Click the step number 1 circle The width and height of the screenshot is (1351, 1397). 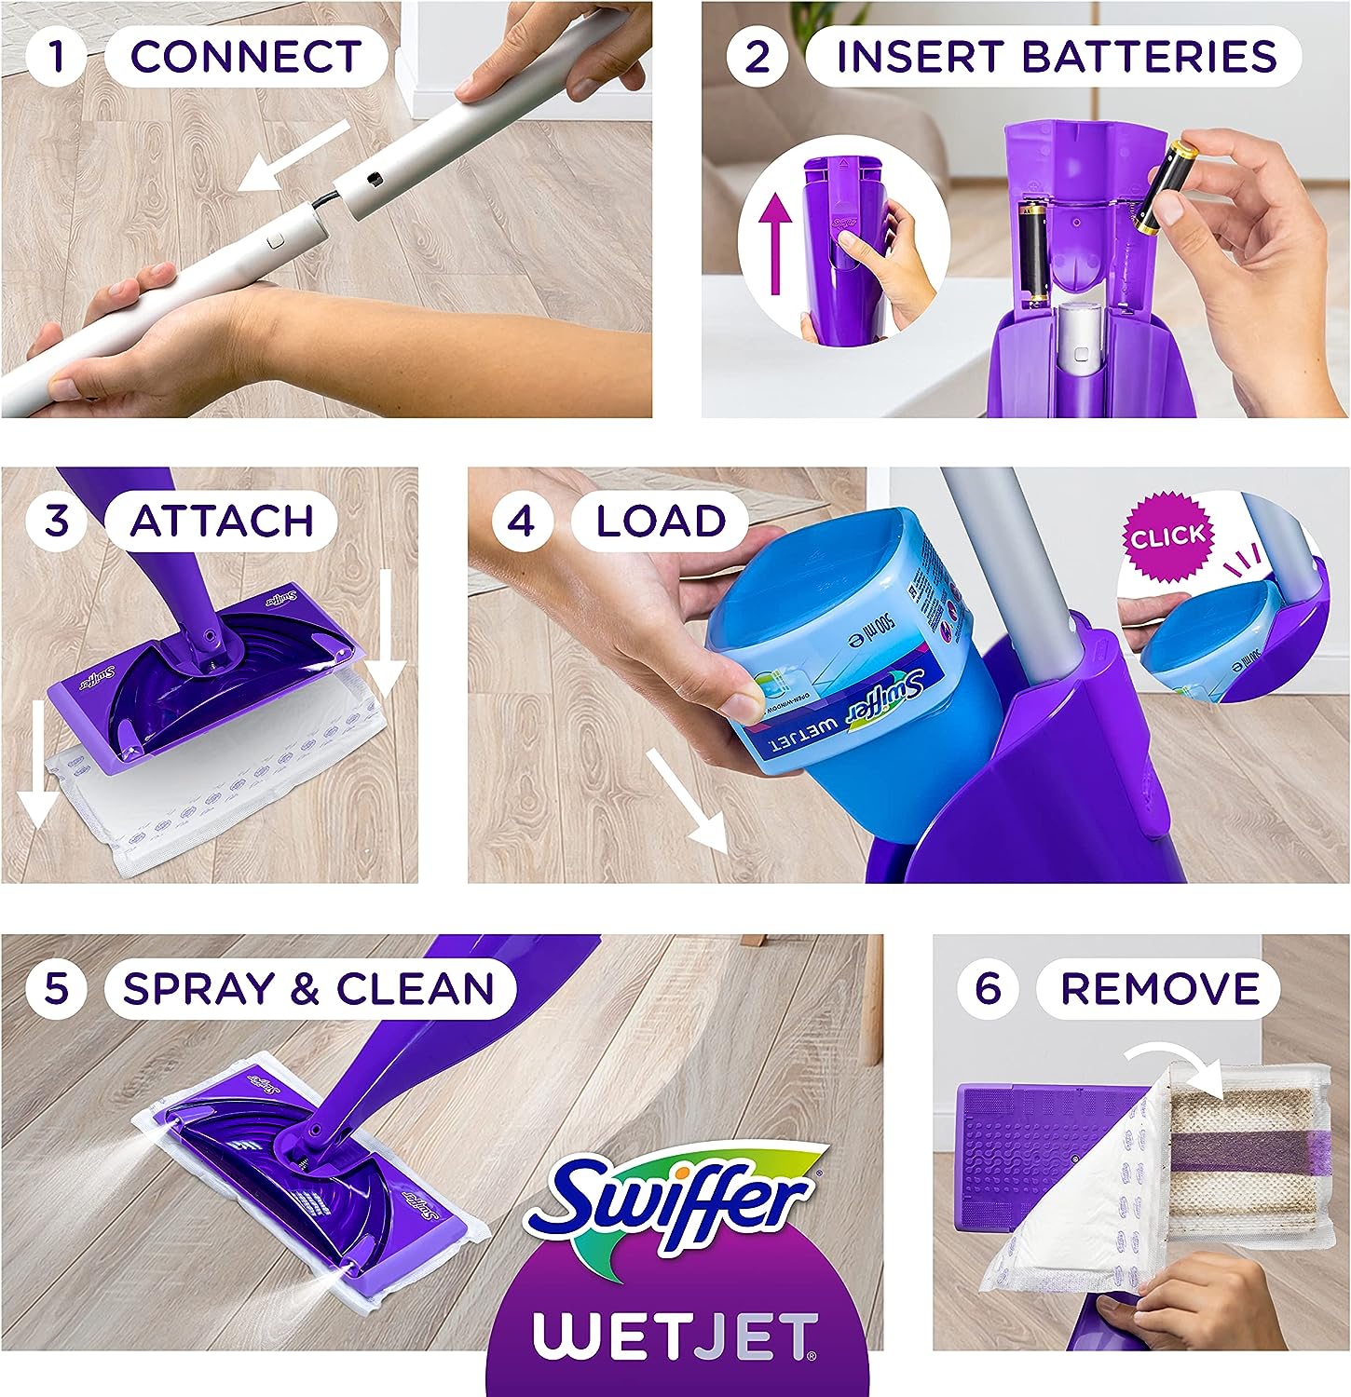(x=57, y=56)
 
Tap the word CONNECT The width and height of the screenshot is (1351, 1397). (x=246, y=56)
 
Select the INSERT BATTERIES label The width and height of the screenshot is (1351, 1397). (x=1056, y=56)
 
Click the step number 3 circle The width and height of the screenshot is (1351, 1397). (x=57, y=520)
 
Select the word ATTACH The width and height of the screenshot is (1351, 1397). (x=222, y=521)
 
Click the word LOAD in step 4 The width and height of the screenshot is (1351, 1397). (x=661, y=521)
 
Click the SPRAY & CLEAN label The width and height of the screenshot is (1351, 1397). (x=307, y=988)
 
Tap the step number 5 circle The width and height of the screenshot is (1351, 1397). (x=57, y=987)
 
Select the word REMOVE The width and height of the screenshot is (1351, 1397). (x=1160, y=988)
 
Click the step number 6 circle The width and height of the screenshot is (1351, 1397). (x=988, y=987)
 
